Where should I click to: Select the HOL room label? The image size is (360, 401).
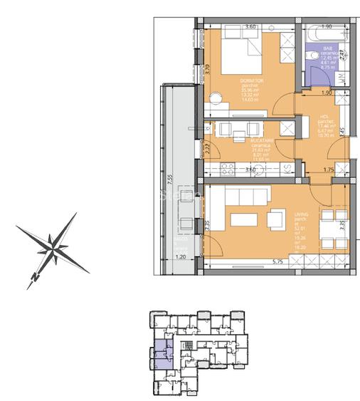pos(323,116)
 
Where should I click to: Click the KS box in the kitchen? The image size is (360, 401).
pos(286,170)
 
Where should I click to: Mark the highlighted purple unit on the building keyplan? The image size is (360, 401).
pos(164,351)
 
